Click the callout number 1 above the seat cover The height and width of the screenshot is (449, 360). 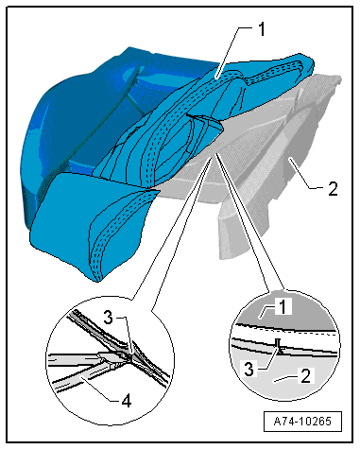[262, 29]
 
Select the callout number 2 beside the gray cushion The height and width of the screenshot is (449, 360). [333, 188]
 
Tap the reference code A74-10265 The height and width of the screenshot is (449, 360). [302, 421]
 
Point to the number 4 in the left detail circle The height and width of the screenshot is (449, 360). [127, 401]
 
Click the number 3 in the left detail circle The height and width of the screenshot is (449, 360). [108, 318]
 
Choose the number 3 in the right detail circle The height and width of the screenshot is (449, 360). [249, 369]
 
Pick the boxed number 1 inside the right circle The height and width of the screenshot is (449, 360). [283, 306]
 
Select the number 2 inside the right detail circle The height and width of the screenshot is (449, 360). [305, 376]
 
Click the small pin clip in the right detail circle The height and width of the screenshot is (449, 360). [278, 346]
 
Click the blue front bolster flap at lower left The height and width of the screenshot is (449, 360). [85, 220]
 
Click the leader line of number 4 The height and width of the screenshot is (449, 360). [98, 389]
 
